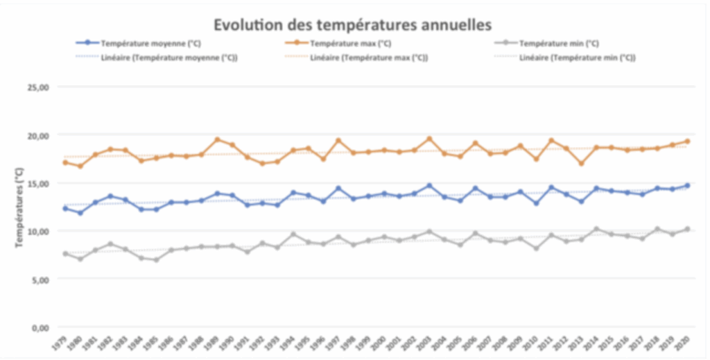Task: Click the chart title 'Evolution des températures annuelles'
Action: tap(353, 24)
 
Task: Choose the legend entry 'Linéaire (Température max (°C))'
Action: tap(368, 58)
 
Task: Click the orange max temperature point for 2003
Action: tap(429, 139)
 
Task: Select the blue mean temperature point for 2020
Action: tap(687, 185)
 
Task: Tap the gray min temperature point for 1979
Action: tap(65, 254)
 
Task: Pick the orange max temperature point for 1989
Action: tap(217, 139)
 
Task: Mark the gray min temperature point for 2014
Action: tap(596, 229)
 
